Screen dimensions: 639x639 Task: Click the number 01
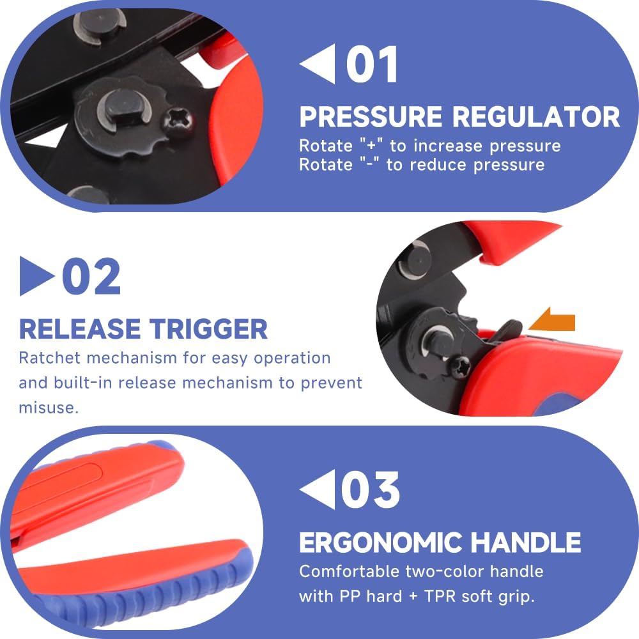[x=372, y=64]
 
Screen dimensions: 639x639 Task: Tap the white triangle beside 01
[x=318, y=63]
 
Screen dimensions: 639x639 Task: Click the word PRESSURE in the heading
[x=371, y=117]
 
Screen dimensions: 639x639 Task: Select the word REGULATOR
[x=536, y=117]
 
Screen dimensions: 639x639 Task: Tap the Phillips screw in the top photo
[x=178, y=121]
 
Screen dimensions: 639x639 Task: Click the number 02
[x=91, y=276]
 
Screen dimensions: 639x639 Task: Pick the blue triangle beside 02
[x=37, y=276]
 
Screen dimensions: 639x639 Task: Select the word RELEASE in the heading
[x=80, y=329]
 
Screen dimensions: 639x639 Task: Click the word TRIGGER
[x=208, y=329]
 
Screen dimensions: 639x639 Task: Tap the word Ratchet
[x=50, y=358]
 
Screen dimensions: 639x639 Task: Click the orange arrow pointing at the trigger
[x=552, y=320]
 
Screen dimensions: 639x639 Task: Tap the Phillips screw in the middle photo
[x=461, y=367]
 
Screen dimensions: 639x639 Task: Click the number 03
[x=370, y=489]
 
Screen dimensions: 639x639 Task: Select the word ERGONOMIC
[x=380, y=543]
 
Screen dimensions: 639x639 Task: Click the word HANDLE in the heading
[x=526, y=543]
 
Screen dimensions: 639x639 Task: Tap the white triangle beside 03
[x=318, y=489]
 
